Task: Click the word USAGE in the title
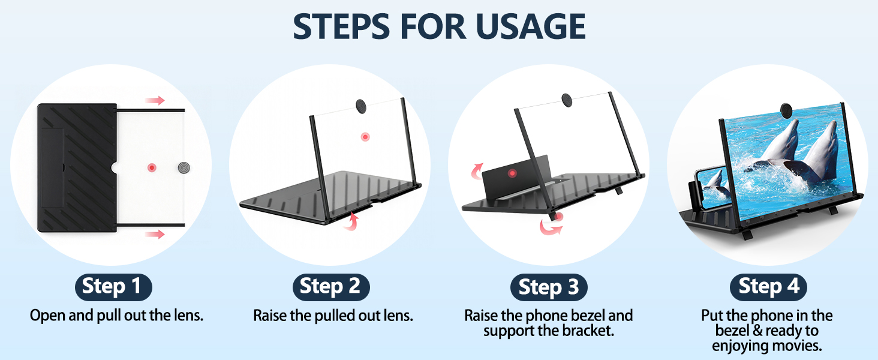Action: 531,26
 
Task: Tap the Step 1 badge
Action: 113,287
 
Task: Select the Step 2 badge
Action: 331,287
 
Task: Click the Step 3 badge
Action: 549,287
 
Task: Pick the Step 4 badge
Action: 768,287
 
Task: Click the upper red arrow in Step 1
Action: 155,100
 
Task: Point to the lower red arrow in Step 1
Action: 155,235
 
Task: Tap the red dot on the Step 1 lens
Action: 152,168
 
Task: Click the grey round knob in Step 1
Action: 184,168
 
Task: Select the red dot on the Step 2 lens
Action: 365,137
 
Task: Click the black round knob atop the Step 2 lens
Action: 361,106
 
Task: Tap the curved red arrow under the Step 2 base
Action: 351,221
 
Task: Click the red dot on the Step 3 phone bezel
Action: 512,173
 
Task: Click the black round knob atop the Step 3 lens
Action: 567,100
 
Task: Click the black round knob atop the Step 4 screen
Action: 786,110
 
